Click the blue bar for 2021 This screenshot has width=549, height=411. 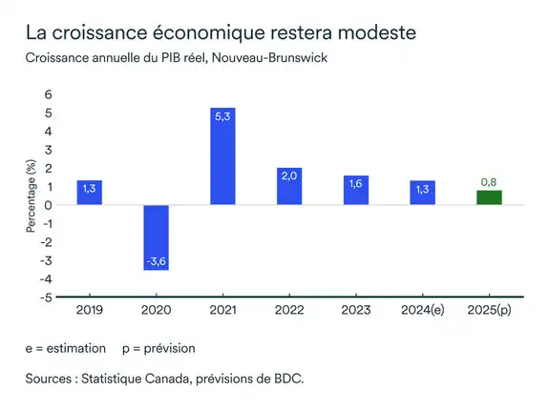pyautogui.click(x=222, y=156)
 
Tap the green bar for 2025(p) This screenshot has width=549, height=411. pyautogui.click(x=489, y=197)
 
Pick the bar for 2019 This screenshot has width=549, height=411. pyautogui.click(x=90, y=193)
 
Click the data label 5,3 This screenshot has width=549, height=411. pyautogui.click(x=222, y=115)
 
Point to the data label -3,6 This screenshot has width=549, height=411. pyautogui.click(x=156, y=260)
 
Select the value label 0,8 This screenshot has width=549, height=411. pyautogui.click(x=489, y=182)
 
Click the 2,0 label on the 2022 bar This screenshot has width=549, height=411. pyautogui.click(x=289, y=175)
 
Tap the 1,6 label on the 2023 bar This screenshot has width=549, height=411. pyautogui.click(x=356, y=182)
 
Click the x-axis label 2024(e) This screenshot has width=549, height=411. pyautogui.click(x=423, y=310)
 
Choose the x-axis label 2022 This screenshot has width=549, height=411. pyautogui.click(x=289, y=310)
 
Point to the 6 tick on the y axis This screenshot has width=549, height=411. pyautogui.click(x=49, y=96)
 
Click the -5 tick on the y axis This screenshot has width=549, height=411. pyautogui.click(x=47, y=297)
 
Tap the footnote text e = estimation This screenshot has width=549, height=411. pyautogui.click(x=66, y=348)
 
